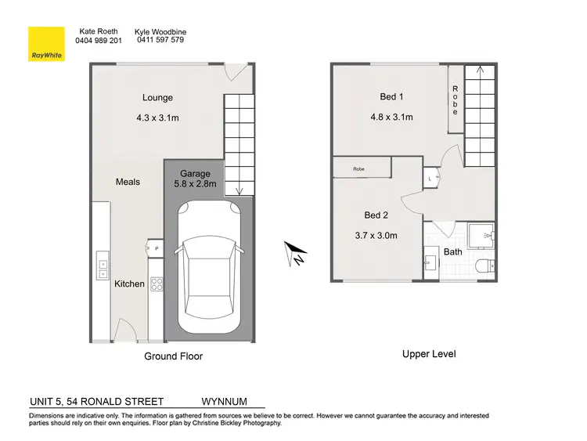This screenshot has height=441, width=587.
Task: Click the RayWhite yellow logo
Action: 46,45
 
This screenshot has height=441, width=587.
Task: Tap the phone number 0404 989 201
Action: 98,40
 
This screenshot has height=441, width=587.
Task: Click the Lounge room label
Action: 157,98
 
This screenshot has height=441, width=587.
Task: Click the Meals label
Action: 128,182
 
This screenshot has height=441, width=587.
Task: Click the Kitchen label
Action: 130,284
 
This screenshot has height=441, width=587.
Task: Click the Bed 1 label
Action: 391,97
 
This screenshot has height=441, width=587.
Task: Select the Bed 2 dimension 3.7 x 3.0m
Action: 376,235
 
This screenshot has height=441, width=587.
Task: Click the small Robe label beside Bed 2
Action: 358,168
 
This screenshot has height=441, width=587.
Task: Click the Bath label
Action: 452,252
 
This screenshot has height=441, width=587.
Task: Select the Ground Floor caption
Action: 173,356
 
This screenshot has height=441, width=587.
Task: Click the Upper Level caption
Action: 429,354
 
